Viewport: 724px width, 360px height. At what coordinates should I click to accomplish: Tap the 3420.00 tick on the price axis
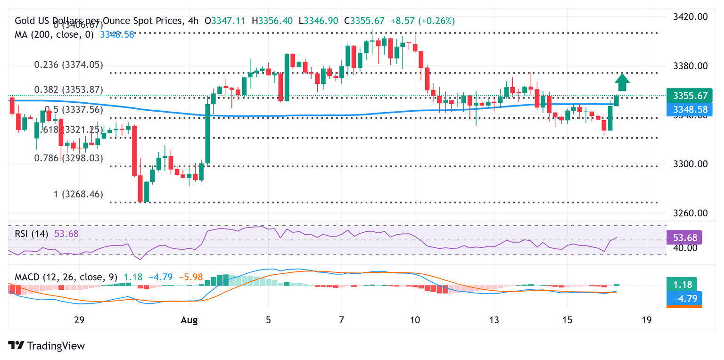[x=690, y=17]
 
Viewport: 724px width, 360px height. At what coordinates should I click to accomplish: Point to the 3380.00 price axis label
[x=690, y=65]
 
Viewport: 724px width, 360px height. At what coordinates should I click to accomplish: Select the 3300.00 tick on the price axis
[x=690, y=164]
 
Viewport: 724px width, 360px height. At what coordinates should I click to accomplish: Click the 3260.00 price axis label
[x=690, y=213]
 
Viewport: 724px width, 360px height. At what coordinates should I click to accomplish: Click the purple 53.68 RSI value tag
[x=685, y=237]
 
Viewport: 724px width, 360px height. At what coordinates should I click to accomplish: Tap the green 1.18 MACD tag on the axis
[x=682, y=285]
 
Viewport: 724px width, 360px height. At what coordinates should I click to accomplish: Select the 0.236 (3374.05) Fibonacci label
[x=68, y=65]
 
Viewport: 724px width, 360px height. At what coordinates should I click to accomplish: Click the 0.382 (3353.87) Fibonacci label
[x=68, y=90]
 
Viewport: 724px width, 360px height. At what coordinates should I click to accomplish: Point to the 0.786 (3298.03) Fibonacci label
[x=68, y=158]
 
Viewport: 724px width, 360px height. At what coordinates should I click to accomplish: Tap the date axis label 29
[x=79, y=320]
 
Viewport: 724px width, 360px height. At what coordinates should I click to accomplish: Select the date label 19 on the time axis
[x=647, y=320]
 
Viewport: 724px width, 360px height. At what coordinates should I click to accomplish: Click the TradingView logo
[x=47, y=345]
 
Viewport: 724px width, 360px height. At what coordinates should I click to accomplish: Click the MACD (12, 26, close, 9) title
[x=66, y=277]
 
